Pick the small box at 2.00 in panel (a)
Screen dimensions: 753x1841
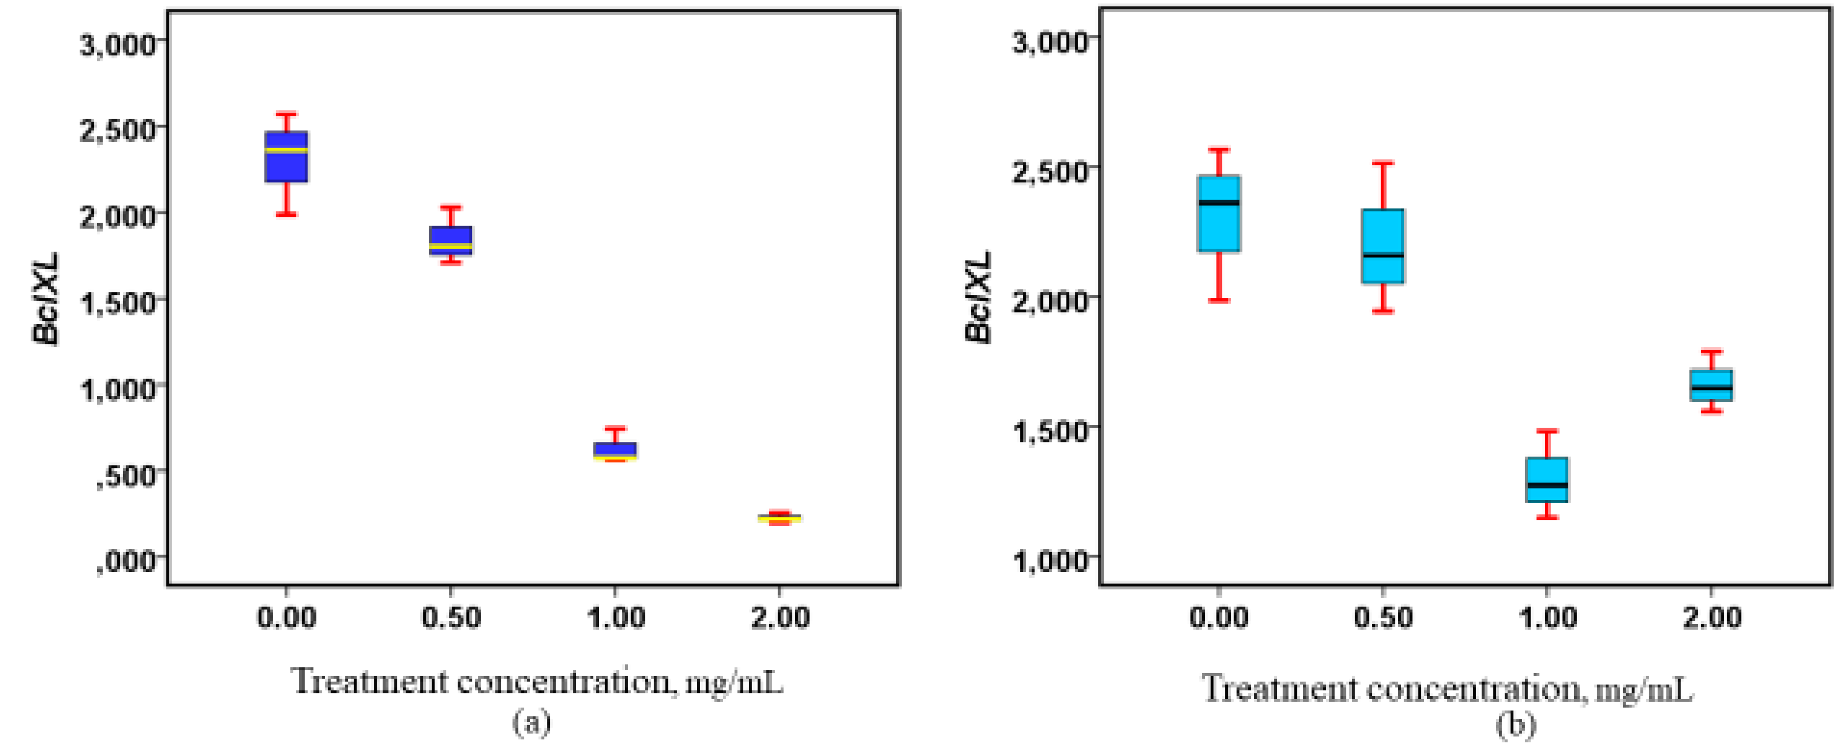pos(779,517)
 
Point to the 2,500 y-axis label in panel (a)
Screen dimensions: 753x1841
pos(118,130)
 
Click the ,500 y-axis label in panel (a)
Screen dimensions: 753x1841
pos(126,474)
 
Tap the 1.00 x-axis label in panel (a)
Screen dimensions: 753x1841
pos(615,617)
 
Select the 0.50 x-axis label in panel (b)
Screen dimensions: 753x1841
pos(1383,617)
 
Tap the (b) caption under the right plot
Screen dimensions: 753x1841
pos(1515,725)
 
